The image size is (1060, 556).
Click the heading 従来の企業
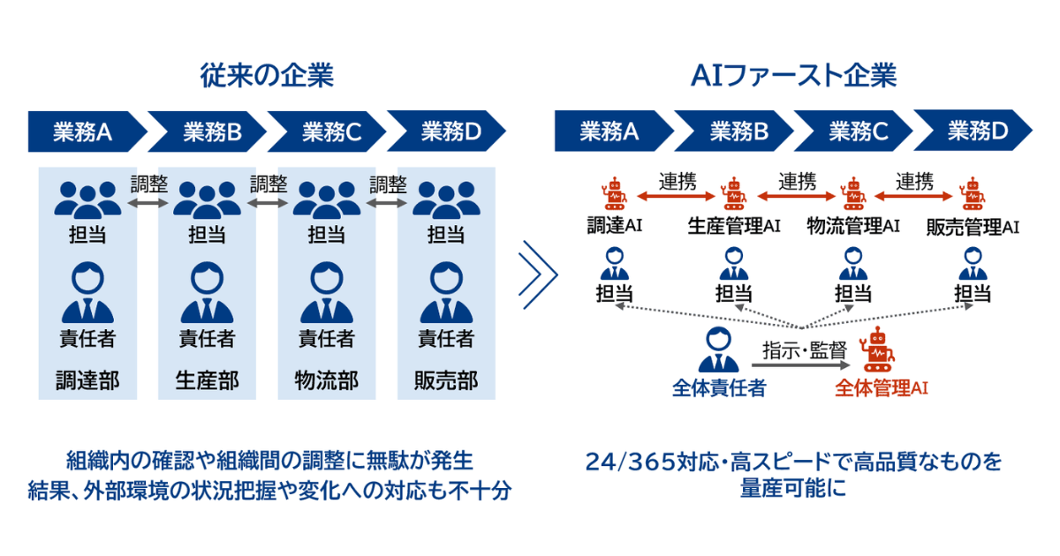click(x=267, y=76)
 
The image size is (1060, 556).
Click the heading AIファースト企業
click(x=793, y=76)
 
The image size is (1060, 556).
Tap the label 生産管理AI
click(x=733, y=226)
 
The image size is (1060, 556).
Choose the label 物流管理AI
click(x=852, y=226)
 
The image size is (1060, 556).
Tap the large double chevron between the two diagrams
click(x=537, y=274)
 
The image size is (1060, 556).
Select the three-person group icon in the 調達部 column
click(x=87, y=199)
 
